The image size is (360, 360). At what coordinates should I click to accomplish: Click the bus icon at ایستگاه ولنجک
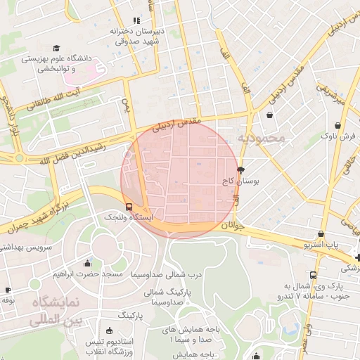pyautogui.click(x=129, y=207)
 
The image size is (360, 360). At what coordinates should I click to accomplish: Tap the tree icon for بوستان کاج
pyautogui.click(x=241, y=169)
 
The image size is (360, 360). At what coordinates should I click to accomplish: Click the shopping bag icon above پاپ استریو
pyautogui.click(x=321, y=234)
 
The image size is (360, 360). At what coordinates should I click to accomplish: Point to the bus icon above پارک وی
pyautogui.click(x=313, y=275)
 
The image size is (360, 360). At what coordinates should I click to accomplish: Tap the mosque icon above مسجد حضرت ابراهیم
pyautogui.click(x=87, y=264)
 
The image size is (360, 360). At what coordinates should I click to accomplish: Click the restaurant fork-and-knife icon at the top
pyautogui.click(x=136, y=21)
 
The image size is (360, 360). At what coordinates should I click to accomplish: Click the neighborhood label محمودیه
pyautogui.click(x=261, y=138)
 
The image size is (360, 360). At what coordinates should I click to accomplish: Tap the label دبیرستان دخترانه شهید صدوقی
pyautogui.click(x=138, y=37)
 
